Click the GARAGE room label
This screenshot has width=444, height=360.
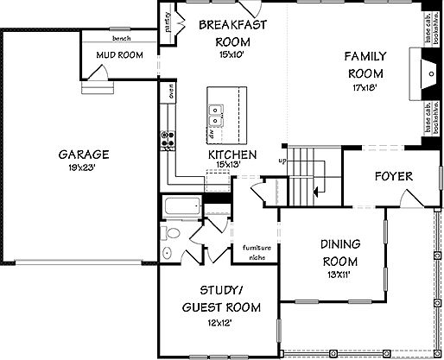83,155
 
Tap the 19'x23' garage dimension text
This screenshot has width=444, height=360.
84,168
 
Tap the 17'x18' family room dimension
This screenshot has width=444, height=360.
365,86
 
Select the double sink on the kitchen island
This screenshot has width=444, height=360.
216,111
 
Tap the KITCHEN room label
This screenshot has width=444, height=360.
232,155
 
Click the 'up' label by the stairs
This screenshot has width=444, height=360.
281,160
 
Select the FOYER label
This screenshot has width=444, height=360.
393,176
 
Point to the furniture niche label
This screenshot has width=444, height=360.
257,251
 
